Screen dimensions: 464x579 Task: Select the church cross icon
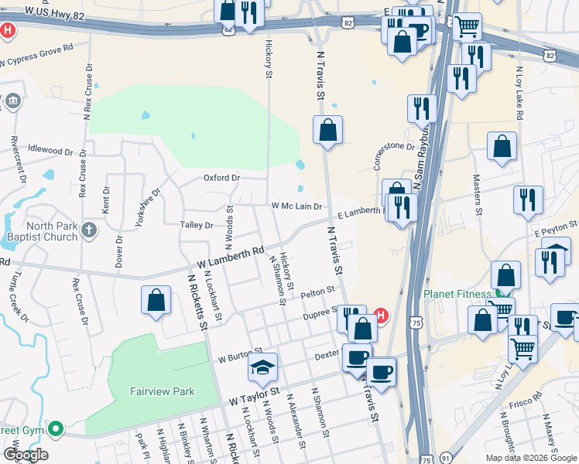pos(90,230)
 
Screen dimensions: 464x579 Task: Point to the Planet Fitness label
pos(457,294)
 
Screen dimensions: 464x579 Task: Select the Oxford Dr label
pos(222,177)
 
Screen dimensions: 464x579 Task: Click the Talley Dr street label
pos(197,225)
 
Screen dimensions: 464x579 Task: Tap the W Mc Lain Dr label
pos(296,206)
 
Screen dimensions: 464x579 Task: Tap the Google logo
pos(26,454)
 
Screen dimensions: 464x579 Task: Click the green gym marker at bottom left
pos(55,428)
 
